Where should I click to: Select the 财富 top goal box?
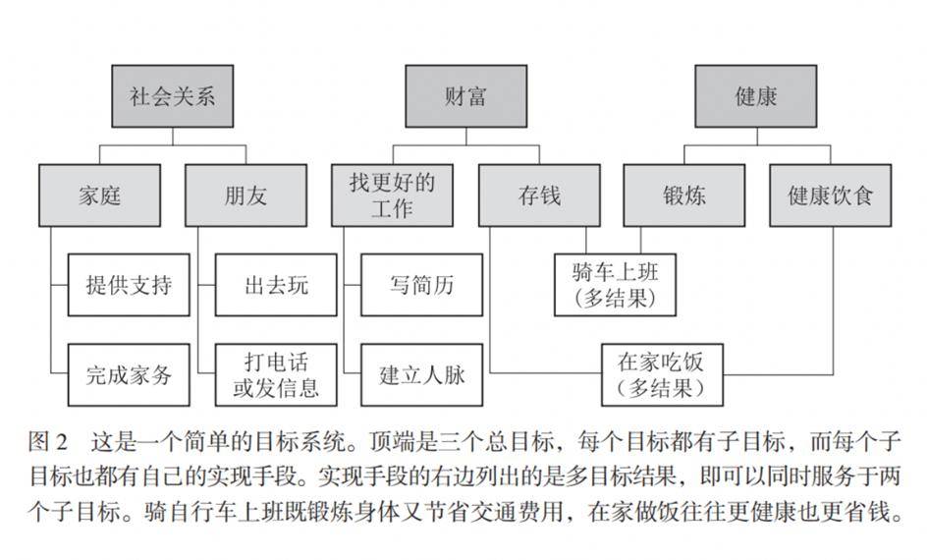pos(465,96)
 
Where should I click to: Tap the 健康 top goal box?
pos(755,96)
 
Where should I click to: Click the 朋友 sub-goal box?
pos(245,195)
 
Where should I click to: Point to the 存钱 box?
pos(539,195)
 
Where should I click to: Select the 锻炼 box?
pos(683,195)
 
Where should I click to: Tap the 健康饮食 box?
pos(830,195)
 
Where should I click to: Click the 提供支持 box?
pos(129,285)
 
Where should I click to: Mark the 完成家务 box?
pos(129,374)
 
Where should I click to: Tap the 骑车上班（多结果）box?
pos(615,284)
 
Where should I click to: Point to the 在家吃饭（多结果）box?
pos(661,373)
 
